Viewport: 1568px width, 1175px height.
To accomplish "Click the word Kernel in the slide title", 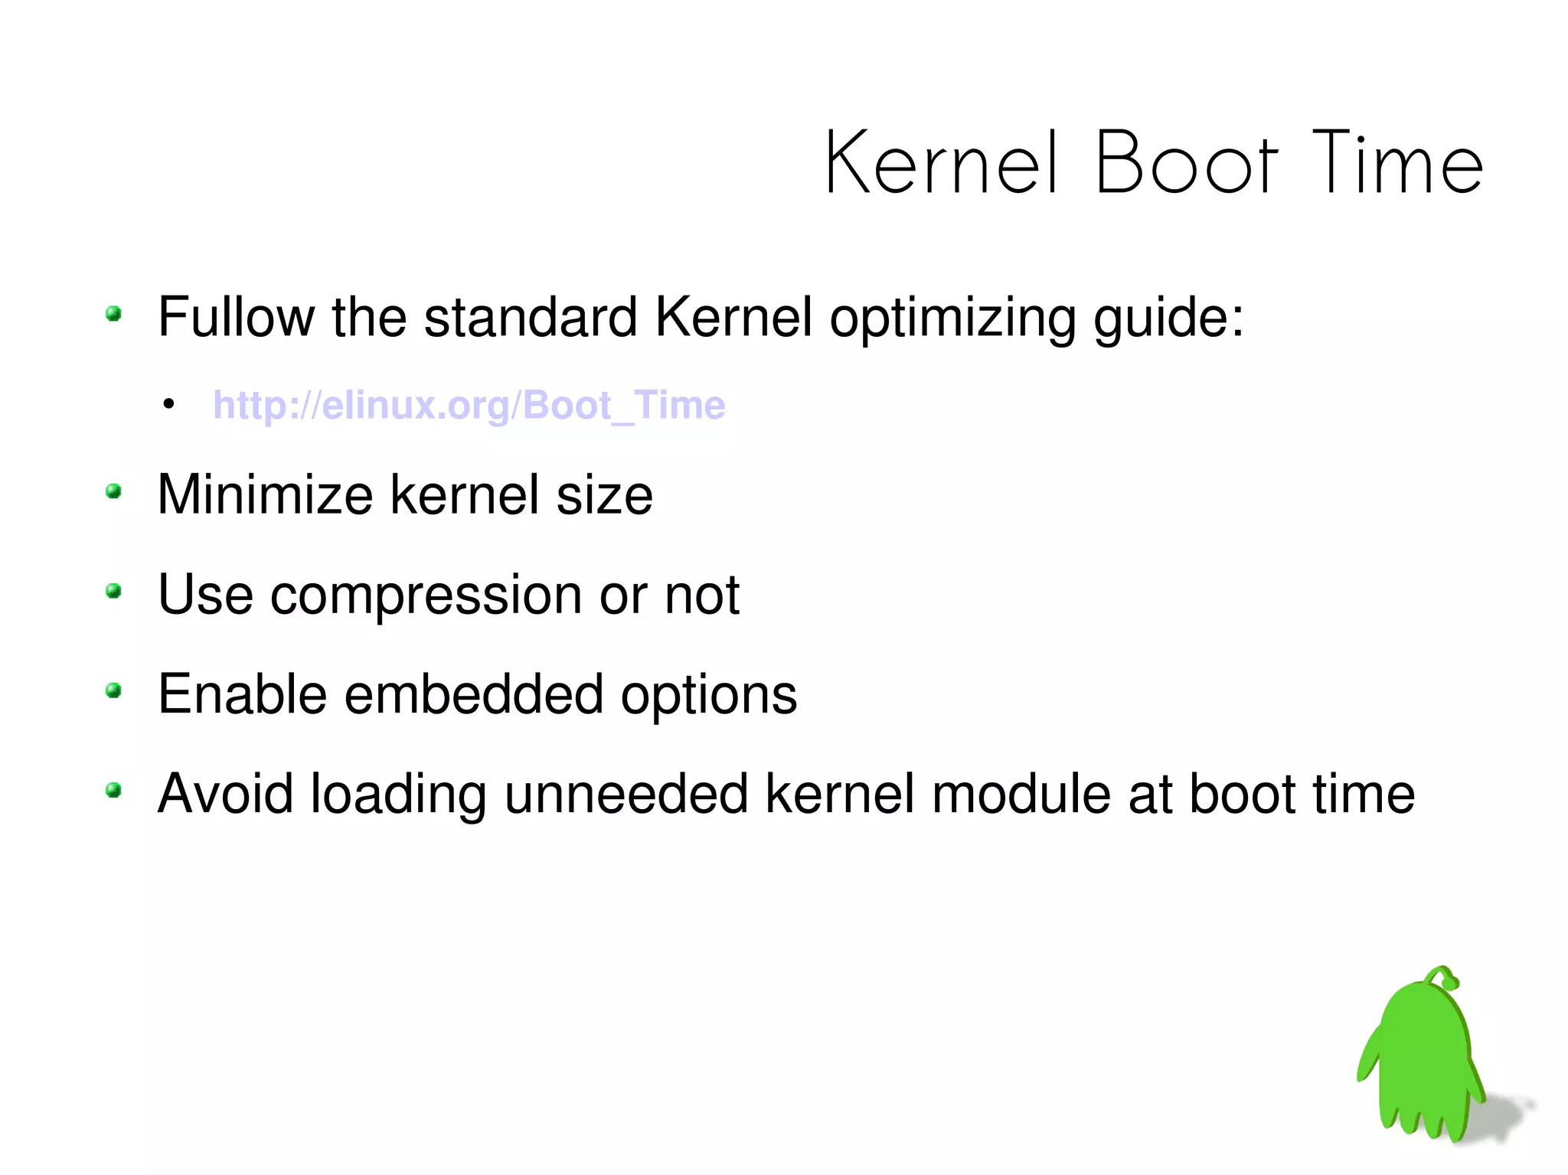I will [x=942, y=163].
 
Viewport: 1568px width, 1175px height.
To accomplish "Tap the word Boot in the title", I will [x=1186, y=163].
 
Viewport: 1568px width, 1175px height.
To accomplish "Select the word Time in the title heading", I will [x=1397, y=163].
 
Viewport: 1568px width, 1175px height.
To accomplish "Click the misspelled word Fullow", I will [x=236, y=317].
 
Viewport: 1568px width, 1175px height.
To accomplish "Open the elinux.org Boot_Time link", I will [x=469, y=405].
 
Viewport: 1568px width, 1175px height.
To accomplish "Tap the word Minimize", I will [x=265, y=494].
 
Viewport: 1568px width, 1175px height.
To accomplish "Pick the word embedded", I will [x=473, y=694].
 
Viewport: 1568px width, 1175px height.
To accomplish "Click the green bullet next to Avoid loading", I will [x=114, y=790].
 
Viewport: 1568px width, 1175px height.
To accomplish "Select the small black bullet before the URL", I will [x=168, y=404].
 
